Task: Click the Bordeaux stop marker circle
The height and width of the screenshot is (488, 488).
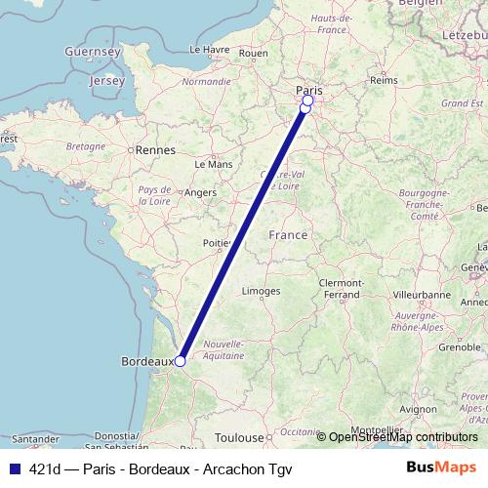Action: click(181, 360)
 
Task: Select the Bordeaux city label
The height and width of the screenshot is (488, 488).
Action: click(146, 361)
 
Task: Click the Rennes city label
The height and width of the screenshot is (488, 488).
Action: click(155, 150)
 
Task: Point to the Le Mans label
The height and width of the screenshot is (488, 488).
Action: click(214, 165)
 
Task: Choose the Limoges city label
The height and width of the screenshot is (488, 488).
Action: click(261, 291)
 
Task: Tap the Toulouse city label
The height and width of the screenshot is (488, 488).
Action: click(240, 438)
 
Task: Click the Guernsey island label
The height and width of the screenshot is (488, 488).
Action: click(92, 50)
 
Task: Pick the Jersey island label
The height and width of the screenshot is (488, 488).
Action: click(107, 81)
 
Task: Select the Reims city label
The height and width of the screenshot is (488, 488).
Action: click(385, 80)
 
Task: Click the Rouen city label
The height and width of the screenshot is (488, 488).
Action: click(253, 53)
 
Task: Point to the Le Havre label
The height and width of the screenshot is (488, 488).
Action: click(210, 48)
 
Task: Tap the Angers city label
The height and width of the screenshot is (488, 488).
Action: click(200, 193)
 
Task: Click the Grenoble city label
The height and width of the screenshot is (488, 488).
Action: click(432, 346)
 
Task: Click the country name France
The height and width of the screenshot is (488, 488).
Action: click(288, 235)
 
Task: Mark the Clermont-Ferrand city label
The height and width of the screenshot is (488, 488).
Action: click(340, 288)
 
